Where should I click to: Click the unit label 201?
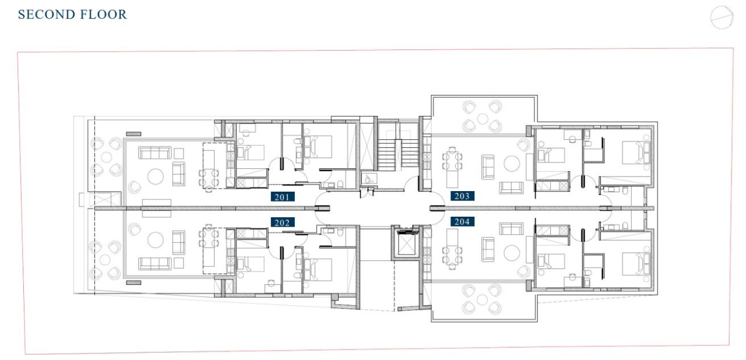pos(283,197)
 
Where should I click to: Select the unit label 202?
pos(283,223)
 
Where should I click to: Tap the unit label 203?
pos(462,196)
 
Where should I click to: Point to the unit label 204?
pos(462,221)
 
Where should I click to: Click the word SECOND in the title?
pos(42,15)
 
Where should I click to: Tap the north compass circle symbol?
pos(722,17)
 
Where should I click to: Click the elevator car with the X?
pos(404,244)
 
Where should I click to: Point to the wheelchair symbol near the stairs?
pos(368,179)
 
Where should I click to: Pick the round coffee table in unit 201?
pos(156,177)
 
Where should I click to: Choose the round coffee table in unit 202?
pos(156,240)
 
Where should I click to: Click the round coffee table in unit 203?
pos(512,164)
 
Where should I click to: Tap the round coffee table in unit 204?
pos(512,253)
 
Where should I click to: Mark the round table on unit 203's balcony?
pos(482,119)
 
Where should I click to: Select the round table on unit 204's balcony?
pos(482,300)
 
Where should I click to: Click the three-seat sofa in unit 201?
pos(155,153)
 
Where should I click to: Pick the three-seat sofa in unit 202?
pos(155,263)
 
